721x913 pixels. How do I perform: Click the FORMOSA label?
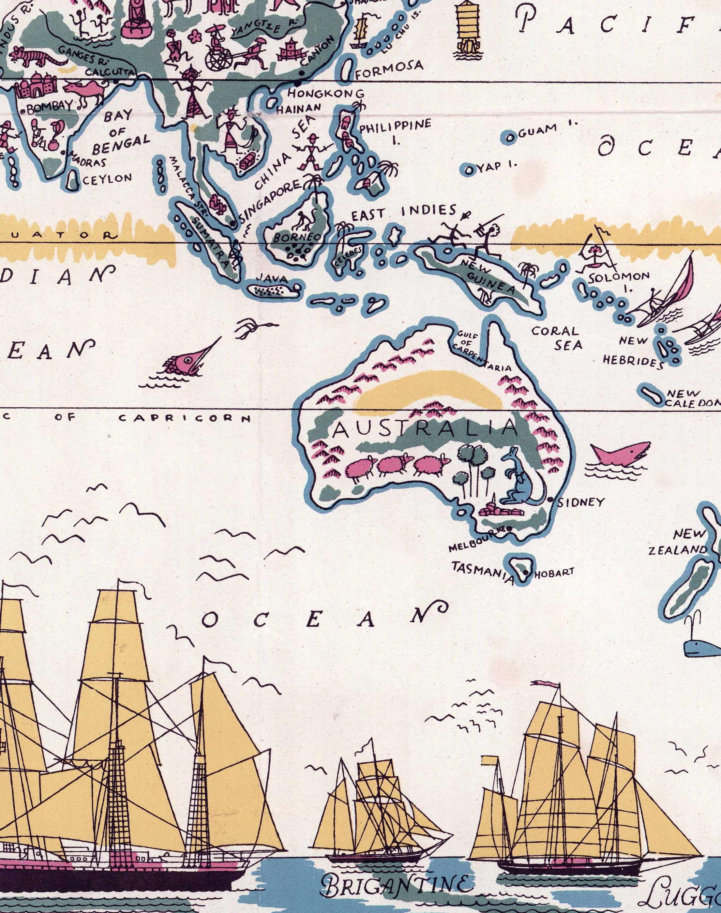pos(389,66)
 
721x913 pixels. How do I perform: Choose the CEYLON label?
pos(107,179)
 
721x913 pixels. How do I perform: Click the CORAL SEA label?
pos(556,338)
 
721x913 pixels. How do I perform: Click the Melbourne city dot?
pos(509,528)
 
